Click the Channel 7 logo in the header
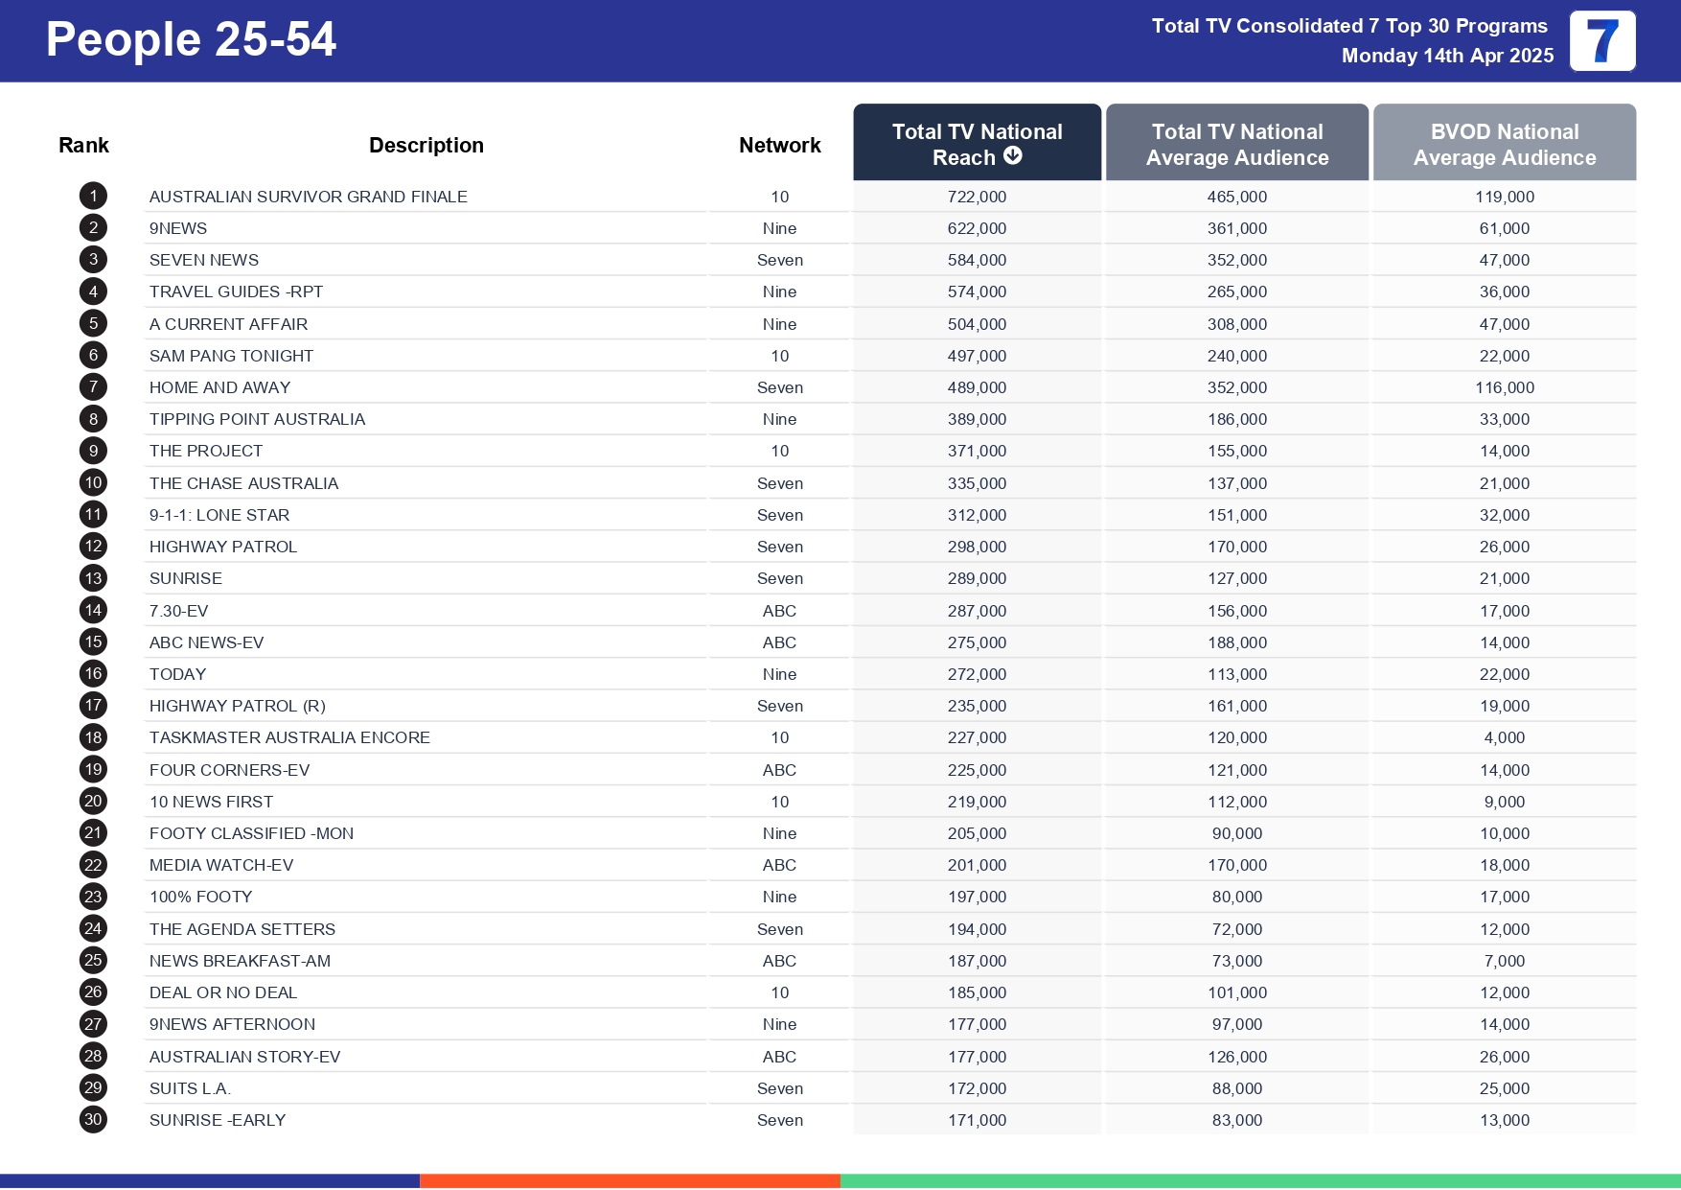click(1602, 41)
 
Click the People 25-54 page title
click(191, 40)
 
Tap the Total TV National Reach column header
click(977, 144)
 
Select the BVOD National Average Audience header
click(1504, 144)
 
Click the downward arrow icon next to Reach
click(1013, 156)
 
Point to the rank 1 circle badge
click(93, 197)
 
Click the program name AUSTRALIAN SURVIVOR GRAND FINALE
click(308, 197)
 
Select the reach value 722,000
click(977, 197)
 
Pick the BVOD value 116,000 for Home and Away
click(1504, 387)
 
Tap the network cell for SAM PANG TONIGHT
click(779, 356)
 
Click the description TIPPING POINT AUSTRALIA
click(257, 419)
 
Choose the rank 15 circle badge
click(93, 642)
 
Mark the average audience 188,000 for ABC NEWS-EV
click(1236, 642)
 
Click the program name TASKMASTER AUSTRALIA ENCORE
click(289, 737)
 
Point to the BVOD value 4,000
click(1504, 737)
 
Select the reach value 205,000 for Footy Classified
click(977, 833)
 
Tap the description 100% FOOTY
click(200, 897)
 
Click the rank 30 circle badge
click(93, 1120)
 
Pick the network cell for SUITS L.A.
click(779, 1088)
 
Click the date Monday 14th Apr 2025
click(1447, 56)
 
